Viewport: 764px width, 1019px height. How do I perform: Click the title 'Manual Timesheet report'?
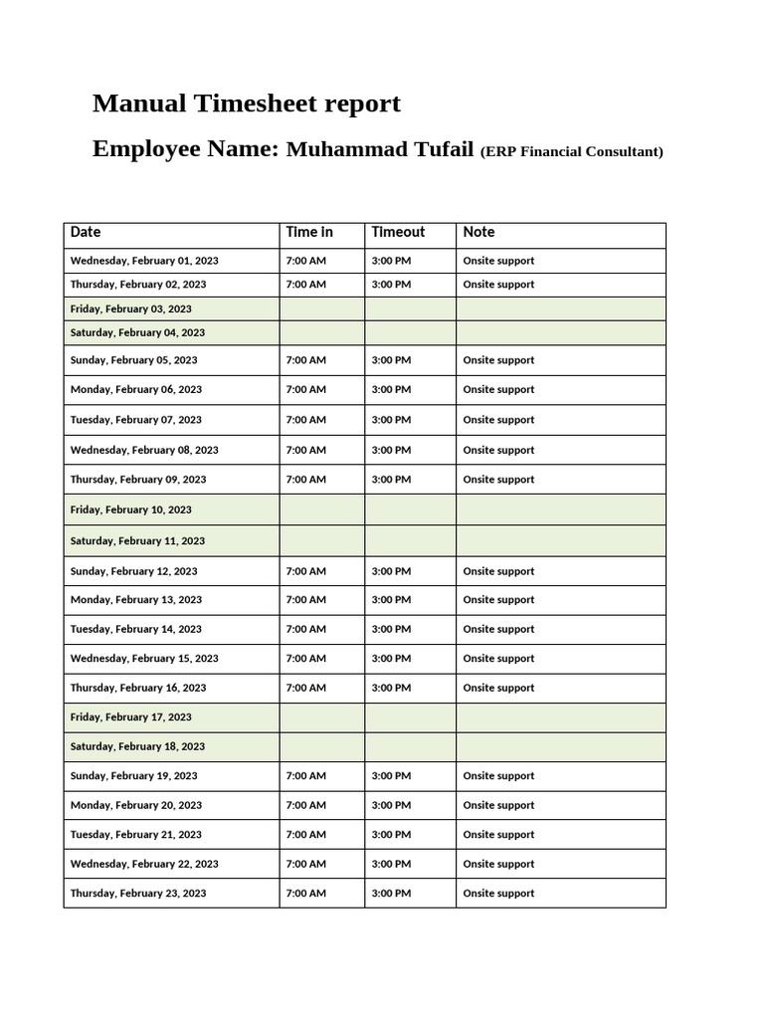246,103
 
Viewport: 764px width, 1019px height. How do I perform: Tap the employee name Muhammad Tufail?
380,149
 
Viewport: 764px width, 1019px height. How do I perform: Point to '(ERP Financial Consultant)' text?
571,152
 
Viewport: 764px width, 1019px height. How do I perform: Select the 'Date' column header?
86,232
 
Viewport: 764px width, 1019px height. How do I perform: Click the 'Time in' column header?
309,232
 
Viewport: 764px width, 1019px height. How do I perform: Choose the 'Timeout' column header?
398,232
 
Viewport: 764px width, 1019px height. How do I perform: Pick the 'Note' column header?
478,232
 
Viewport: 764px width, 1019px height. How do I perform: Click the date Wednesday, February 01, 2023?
144,261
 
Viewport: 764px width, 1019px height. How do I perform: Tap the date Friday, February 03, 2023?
130,308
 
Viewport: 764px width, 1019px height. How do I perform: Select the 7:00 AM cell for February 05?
305,360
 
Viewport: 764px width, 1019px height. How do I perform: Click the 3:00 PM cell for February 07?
391,420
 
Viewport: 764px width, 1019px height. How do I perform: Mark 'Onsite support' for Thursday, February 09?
498,480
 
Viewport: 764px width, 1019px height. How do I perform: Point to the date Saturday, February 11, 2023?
137,541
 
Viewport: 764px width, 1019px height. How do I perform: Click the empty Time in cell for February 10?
321,509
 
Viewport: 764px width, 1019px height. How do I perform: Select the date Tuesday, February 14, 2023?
135,629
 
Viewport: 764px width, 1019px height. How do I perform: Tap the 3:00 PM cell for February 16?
391,688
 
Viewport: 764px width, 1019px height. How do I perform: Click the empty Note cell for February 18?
560,746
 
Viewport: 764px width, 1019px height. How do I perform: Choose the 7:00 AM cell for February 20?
305,805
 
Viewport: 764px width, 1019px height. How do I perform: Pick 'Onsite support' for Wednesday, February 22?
498,864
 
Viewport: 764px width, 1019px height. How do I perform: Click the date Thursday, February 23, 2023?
138,894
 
